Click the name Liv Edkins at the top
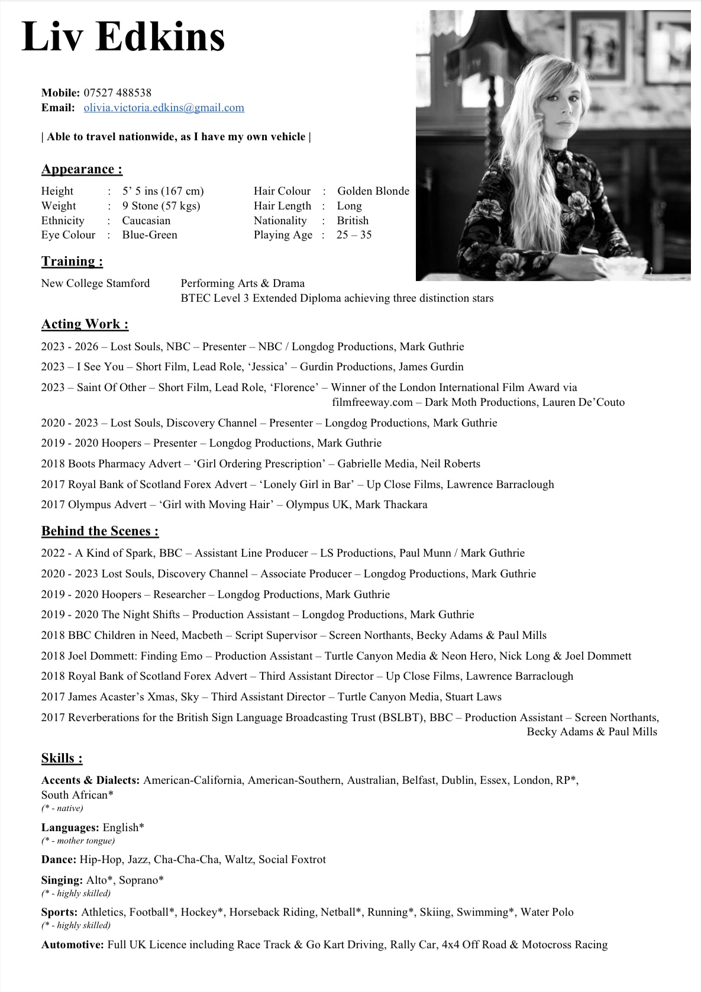tap(123, 37)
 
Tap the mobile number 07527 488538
tap(117, 93)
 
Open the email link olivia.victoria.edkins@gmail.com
tap(164, 108)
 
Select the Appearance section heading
tap(82, 169)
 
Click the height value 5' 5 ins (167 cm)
tap(163, 191)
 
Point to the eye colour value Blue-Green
tap(150, 235)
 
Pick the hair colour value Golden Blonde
tap(373, 191)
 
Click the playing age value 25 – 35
tap(354, 235)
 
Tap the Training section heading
tap(72, 261)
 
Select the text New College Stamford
tap(95, 283)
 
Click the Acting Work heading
tap(85, 324)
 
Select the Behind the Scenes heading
tap(100, 531)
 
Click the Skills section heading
tap(62, 758)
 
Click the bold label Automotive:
tap(72, 945)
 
